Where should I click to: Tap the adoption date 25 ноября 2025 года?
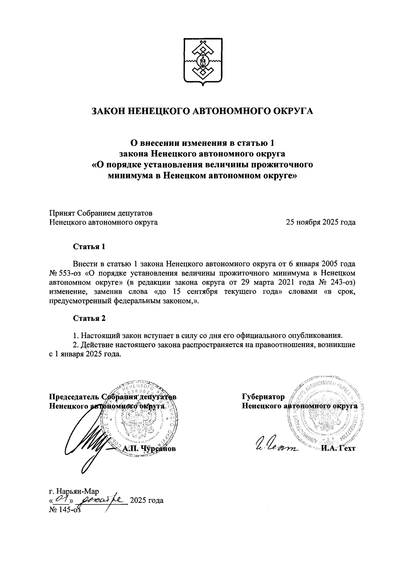(321, 222)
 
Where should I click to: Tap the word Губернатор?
(263, 396)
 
